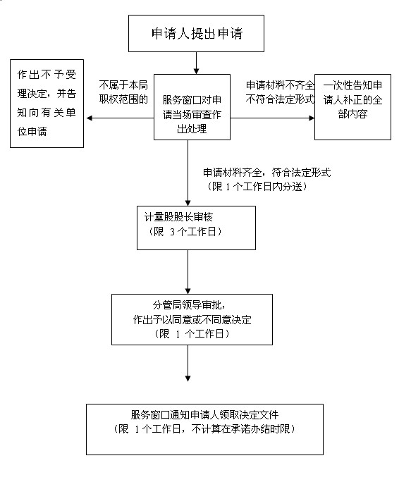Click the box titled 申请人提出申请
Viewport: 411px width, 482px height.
(196, 34)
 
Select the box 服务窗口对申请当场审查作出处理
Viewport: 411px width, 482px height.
(192, 107)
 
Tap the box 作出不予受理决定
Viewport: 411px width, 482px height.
(47, 104)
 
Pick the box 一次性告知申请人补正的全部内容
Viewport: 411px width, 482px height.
(352, 107)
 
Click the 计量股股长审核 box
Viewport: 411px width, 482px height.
(196, 228)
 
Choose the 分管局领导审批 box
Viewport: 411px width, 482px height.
(192, 319)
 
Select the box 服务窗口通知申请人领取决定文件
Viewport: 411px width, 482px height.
(204, 429)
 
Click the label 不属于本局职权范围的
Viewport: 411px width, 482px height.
(123, 92)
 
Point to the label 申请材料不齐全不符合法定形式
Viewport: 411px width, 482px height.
(280, 92)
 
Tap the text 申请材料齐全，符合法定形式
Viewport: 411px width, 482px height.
(267, 173)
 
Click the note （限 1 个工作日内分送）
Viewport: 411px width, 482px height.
(257, 187)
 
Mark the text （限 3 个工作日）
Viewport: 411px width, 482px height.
(185, 231)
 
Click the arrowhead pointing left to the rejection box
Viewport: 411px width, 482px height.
(90, 118)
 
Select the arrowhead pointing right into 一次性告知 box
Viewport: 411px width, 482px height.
(312, 118)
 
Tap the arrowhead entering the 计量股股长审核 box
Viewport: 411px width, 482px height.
(188, 203)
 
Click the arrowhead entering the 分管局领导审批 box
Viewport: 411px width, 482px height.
(188, 292)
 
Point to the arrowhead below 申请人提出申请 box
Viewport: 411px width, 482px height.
(196, 71)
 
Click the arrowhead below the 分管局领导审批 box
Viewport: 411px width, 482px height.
(188, 378)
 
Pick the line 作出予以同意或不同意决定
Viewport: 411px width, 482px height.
(192, 320)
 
